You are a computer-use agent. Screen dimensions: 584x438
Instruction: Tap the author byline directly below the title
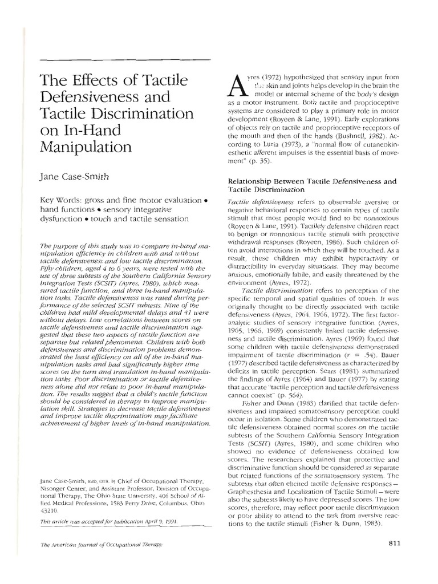click(x=76, y=177)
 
